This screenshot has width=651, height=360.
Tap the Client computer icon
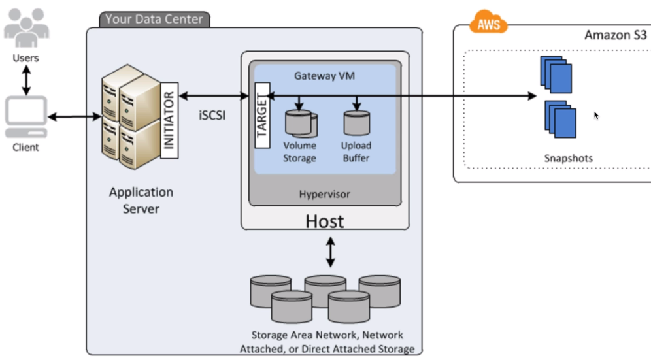pyautogui.click(x=25, y=117)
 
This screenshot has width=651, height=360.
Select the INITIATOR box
pyautogui.click(x=169, y=118)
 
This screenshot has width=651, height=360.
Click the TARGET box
pyautogui.click(x=263, y=116)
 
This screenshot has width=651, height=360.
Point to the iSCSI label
pyautogui.click(x=212, y=114)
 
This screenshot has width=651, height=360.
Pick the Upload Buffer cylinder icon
pyautogui.click(x=356, y=122)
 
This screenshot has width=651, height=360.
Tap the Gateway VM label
pyautogui.click(x=324, y=76)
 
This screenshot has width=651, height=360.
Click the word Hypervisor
pyautogui.click(x=324, y=194)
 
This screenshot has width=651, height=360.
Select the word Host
pyautogui.click(x=324, y=221)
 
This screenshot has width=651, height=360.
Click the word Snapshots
pyautogui.click(x=568, y=158)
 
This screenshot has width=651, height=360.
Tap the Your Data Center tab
pyautogui.click(x=154, y=19)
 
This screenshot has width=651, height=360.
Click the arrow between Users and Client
pyautogui.click(x=26, y=80)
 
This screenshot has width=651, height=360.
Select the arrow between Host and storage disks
pyautogui.click(x=330, y=252)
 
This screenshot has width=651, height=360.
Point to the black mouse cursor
pyautogui.click(x=595, y=116)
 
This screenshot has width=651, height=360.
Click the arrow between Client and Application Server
pyautogui.click(x=74, y=118)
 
